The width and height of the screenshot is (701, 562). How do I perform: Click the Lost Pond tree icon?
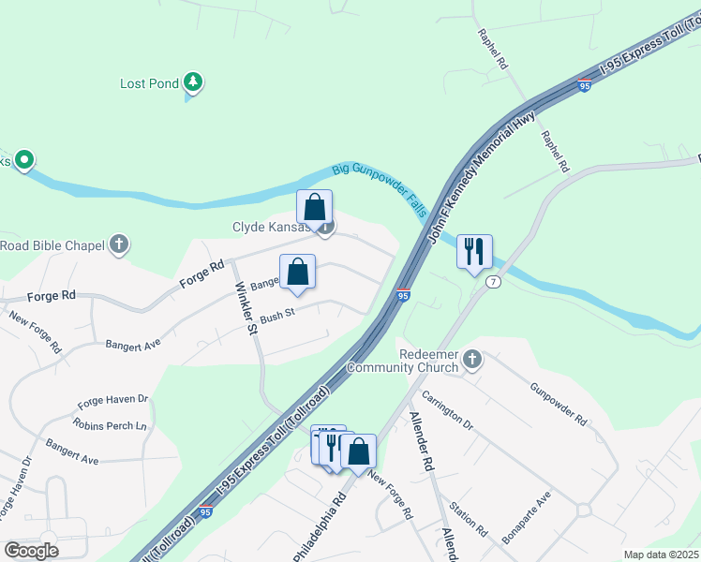coord(193,83)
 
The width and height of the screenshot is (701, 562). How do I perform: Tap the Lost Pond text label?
coord(149,84)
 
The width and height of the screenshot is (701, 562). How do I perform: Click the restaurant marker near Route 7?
coord(473,252)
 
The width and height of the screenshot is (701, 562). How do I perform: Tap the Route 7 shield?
coord(493,281)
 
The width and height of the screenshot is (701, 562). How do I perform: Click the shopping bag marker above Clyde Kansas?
coord(315,207)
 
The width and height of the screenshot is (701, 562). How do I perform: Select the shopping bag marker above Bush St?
coord(297,273)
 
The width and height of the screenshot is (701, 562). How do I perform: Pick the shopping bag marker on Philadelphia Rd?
coord(358,451)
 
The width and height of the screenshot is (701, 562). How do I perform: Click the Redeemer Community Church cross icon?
coord(473,358)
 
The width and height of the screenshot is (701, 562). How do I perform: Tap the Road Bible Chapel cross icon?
coord(118,245)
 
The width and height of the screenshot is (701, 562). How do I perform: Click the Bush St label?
coord(277,315)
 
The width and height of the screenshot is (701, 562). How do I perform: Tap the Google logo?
coord(30,551)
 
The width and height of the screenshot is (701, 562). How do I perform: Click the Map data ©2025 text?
coord(660,555)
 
